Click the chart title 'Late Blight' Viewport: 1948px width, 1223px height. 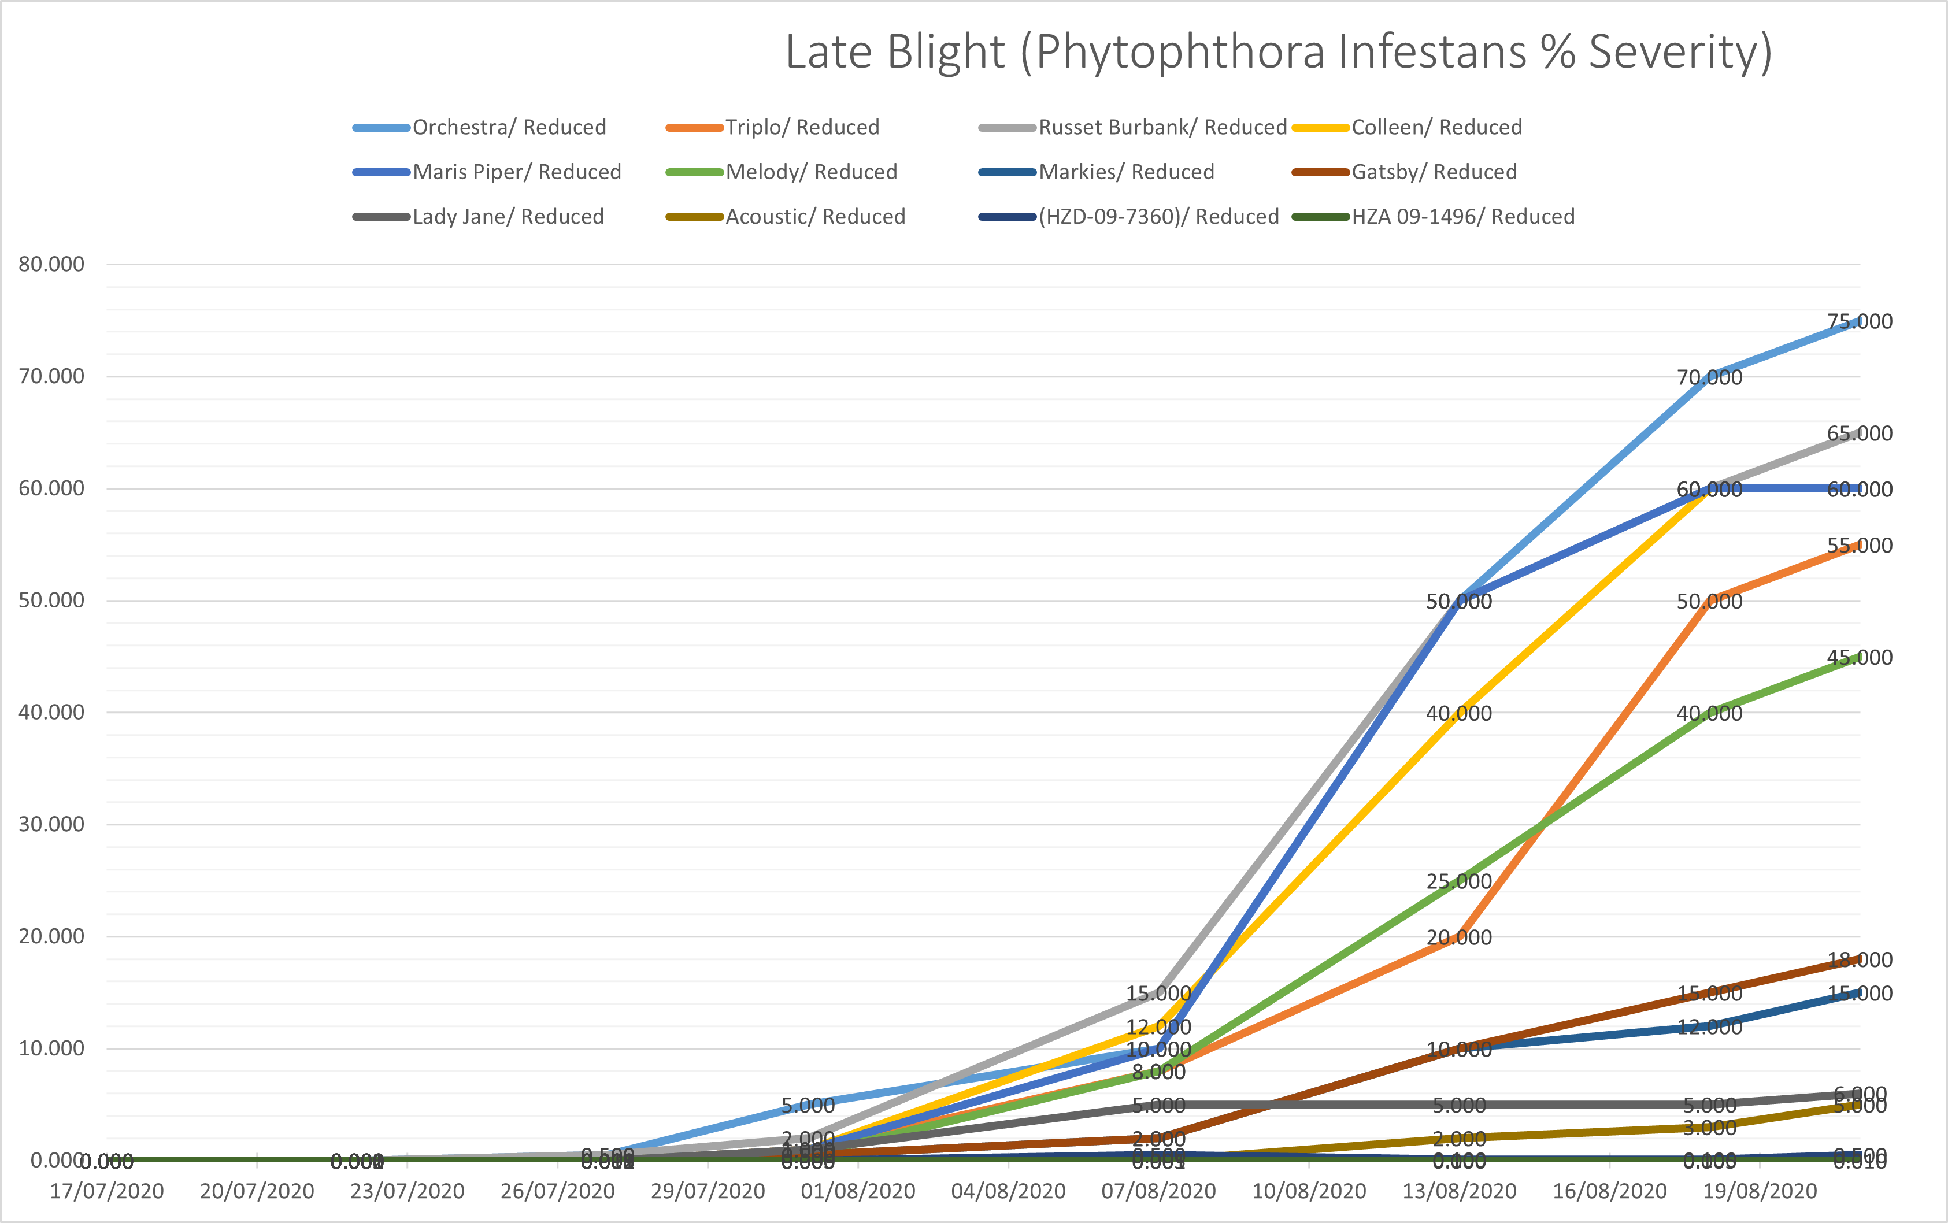[1278, 53]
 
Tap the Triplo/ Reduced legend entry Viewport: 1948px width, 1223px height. [802, 128]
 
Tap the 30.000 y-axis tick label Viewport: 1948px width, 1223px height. [52, 824]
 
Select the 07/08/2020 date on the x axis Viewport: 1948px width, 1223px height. [1158, 1191]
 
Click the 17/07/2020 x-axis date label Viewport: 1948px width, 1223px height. [107, 1191]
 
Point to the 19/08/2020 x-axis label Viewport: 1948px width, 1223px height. [1760, 1191]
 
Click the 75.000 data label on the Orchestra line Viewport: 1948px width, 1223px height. [1860, 322]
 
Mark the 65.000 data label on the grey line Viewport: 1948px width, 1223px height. [1860, 433]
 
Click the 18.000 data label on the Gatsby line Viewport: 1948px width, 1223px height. [1860, 960]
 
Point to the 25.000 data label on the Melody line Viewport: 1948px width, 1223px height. [1458, 881]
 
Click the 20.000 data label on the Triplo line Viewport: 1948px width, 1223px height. [1458, 937]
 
